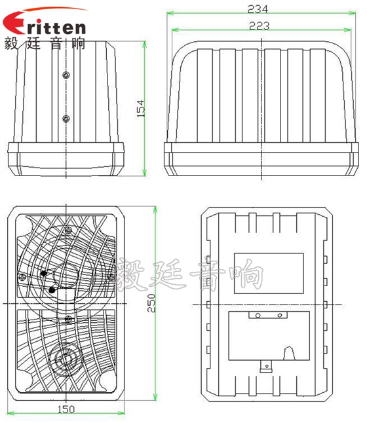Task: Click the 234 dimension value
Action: click(258, 9)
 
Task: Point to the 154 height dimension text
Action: click(138, 108)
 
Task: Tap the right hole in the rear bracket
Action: click(280, 316)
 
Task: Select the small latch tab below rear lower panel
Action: click(265, 367)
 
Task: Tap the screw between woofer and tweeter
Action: click(68, 319)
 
